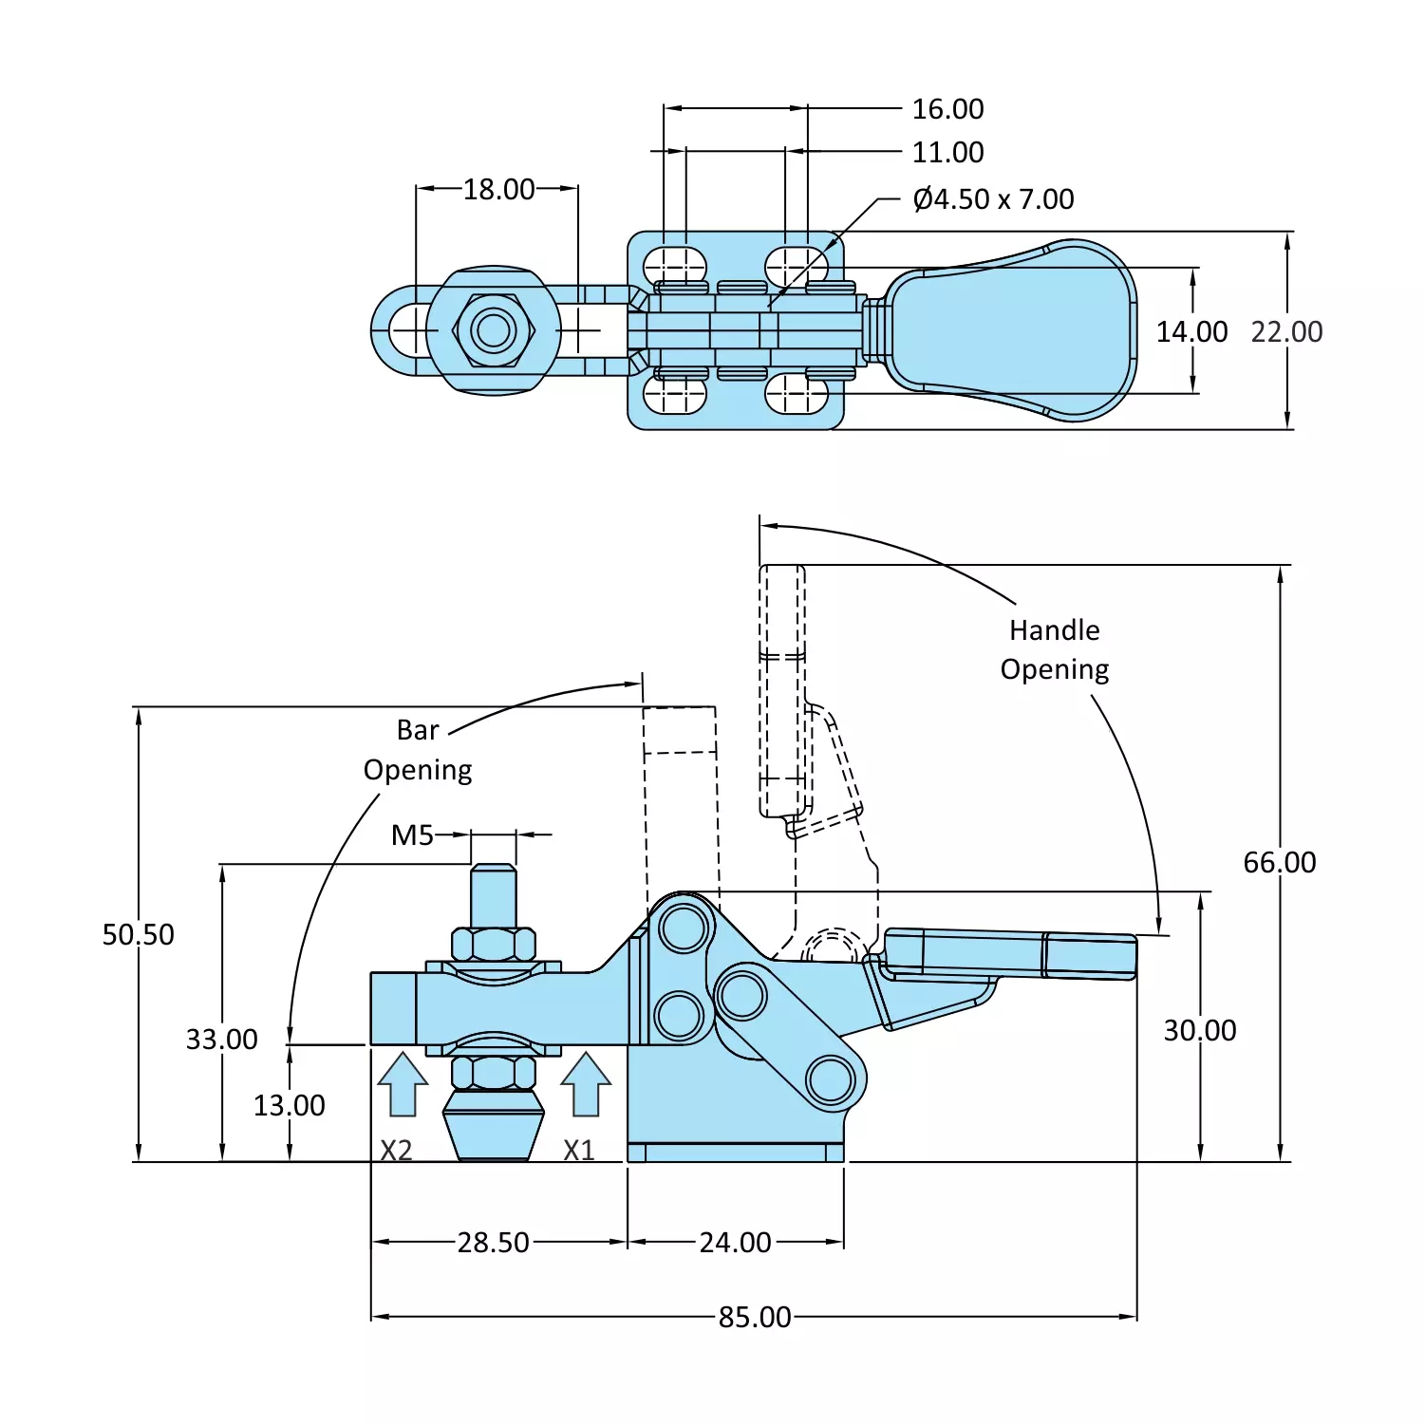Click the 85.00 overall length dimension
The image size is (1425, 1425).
(755, 1317)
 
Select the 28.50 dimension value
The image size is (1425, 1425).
(494, 1242)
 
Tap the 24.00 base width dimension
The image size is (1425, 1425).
(736, 1242)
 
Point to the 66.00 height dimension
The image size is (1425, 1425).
(1280, 862)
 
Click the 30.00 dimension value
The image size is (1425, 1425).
(1200, 1030)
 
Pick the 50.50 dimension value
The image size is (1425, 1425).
(139, 934)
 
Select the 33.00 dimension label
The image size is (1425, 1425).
(222, 1039)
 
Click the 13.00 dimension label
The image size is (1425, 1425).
(290, 1105)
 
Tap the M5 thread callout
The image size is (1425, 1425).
(413, 835)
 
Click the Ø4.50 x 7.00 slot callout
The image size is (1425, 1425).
(994, 199)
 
